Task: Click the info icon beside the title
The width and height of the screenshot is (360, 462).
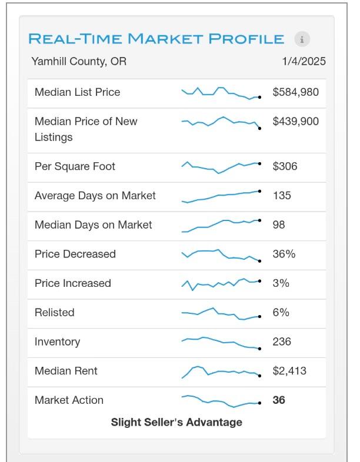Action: click(x=302, y=39)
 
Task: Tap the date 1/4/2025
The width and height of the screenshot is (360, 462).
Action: click(x=304, y=61)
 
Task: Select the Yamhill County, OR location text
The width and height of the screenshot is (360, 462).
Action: click(x=79, y=62)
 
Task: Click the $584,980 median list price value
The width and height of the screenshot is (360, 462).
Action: click(x=295, y=92)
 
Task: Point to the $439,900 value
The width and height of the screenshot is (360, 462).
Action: click(x=295, y=121)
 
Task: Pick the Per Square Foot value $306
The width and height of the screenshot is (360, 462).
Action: click(x=285, y=166)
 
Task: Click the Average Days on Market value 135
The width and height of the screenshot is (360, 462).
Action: click(x=282, y=195)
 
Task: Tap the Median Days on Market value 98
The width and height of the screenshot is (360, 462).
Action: click(x=279, y=225)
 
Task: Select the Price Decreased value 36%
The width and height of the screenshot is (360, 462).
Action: click(x=284, y=254)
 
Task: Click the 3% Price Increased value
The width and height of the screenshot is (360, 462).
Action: click(x=281, y=283)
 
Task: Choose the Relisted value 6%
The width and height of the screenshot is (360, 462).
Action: click(x=281, y=312)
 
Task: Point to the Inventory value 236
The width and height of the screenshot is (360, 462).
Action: click(x=282, y=342)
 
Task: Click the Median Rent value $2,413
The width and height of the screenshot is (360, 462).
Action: click(x=289, y=371)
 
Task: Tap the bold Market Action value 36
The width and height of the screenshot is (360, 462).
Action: click(x=279, y=400)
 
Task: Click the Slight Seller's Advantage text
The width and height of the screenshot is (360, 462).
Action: click(x=176, y=422)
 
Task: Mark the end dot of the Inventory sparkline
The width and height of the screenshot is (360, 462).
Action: click(x=259, y=349)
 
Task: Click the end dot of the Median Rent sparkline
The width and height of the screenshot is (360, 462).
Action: click(x=259, y=376)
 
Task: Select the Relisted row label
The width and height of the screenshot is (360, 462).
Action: click(x=55, y=312)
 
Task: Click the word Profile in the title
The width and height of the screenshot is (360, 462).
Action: click(x=246, y=39)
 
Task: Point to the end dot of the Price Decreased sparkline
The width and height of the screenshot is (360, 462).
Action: click(x=259, y=261)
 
